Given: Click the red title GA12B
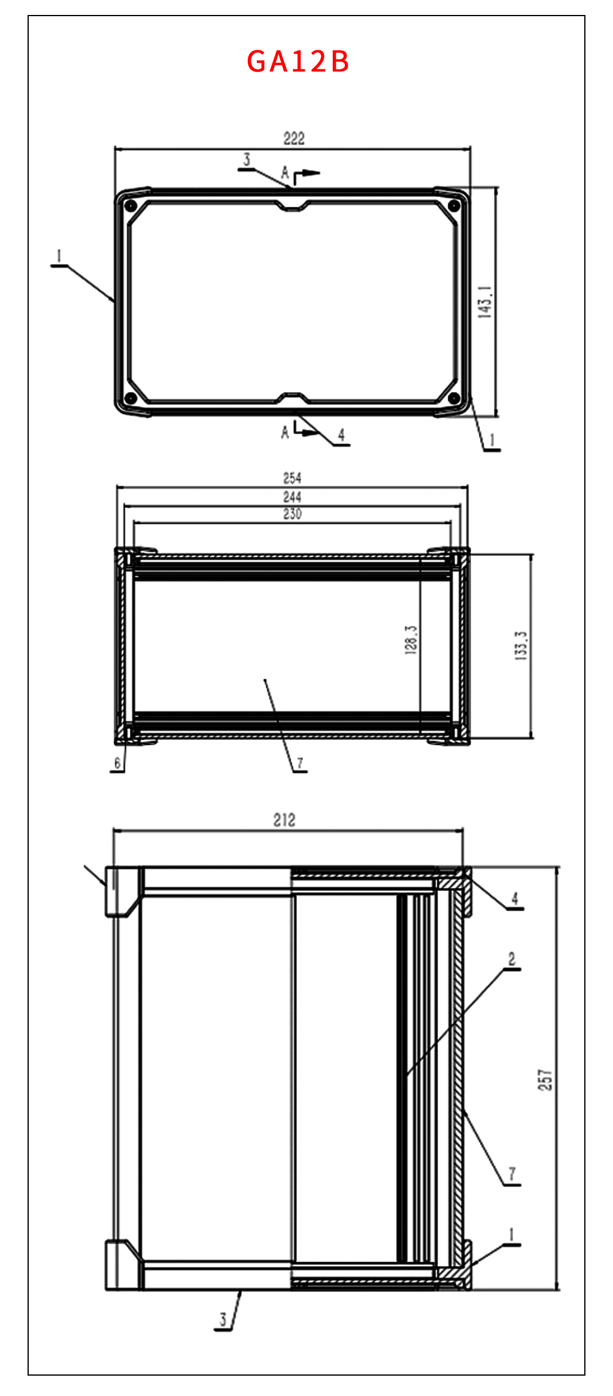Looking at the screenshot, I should [298, 62].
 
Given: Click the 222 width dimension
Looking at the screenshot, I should [293, 139].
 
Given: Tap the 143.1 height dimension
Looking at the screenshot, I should [485, 302].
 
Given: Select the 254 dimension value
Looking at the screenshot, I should [292, 478].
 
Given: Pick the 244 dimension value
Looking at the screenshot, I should [292, 497].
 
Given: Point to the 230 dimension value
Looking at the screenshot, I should [292, 514].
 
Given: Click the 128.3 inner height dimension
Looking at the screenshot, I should [411, 640].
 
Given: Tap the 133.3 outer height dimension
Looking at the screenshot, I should [521, 645].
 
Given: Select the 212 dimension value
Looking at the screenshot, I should [284, 820].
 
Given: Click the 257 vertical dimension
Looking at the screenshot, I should [545, 1080].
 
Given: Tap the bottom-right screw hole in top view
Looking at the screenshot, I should [454, 397].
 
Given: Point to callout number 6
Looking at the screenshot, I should [117, 763].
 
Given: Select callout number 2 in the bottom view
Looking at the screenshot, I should [512, 959].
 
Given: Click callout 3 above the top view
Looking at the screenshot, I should [246, 160].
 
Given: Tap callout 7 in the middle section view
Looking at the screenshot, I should [300, 763].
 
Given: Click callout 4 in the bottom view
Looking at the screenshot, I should [514, 899].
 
